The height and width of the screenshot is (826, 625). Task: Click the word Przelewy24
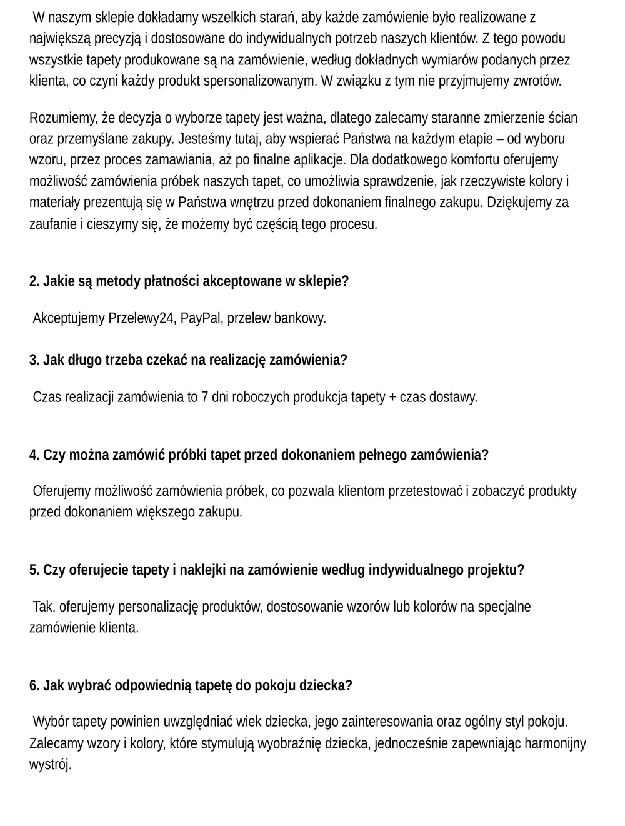coord(141,318)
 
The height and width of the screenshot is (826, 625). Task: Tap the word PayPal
coord(201,318)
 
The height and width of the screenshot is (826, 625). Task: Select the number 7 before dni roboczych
coord(205,397)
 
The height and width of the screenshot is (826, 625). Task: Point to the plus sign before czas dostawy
coord(392,397)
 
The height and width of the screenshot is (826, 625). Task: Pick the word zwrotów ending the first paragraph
coord(538,81)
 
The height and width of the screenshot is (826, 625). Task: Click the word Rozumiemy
coord(58,118)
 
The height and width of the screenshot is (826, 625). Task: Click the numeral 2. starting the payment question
coord(34,281)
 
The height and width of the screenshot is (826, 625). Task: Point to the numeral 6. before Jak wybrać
coord(34,685)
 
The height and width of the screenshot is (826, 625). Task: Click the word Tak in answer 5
coord(43,607)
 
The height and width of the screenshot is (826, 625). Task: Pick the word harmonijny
coord(555,743)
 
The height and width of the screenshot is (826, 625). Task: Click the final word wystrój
coord(50,764)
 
